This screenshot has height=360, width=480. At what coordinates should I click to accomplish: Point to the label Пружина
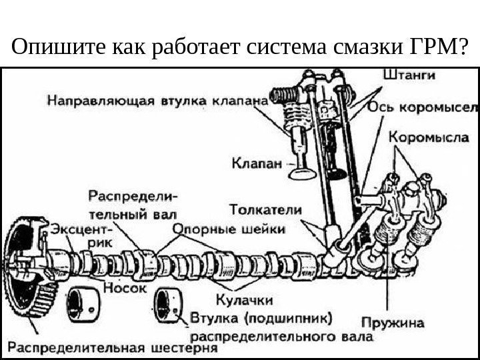coord(398,323)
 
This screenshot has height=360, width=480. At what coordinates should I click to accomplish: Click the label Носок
coord(121,289)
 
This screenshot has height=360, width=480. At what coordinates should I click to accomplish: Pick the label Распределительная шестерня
coord(113,347)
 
